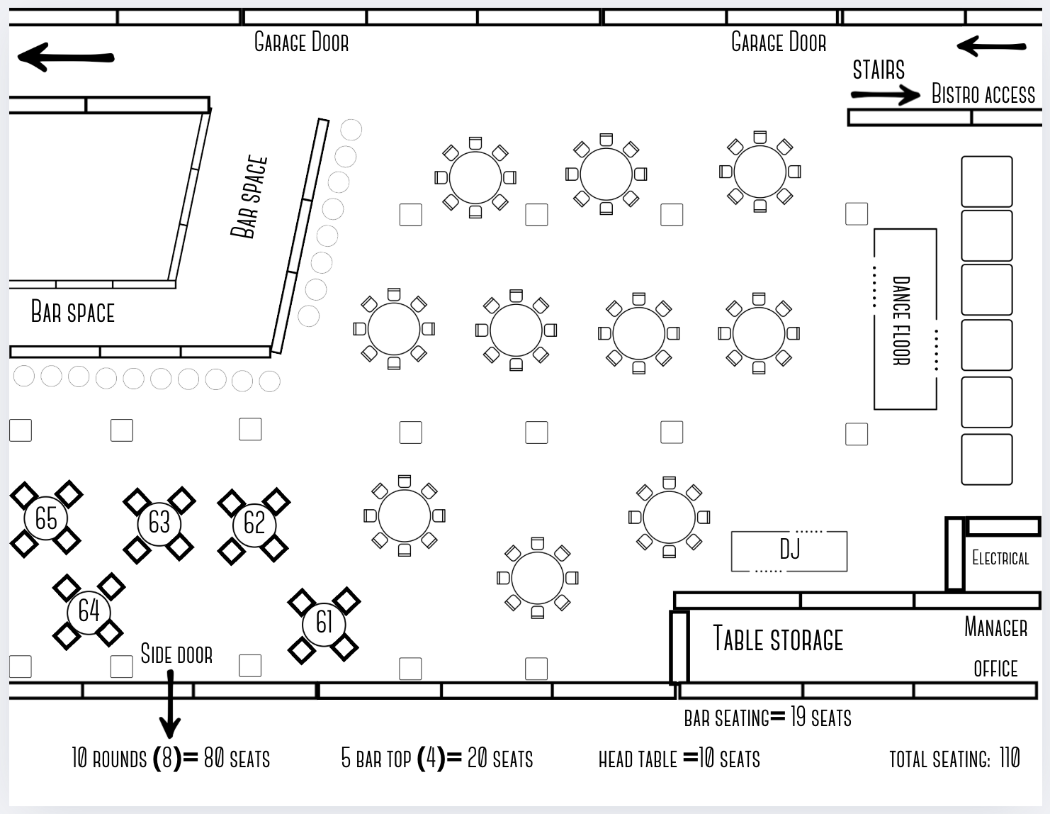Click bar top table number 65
(x=46, y=518)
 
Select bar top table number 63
(x=159, y=523)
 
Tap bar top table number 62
(x=254, y=523)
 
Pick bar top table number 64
(x=89, y=610)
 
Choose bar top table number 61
(x=324, y=623)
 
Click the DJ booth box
(x=789, y=550)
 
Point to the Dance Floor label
(x=901, y=320)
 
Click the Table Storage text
(x=778, y=639)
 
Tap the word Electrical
(x=1000, y=559)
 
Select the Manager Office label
(x=995, y=647)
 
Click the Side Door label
(x=176, y=654)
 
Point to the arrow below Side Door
(x=170, y=705)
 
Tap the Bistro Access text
(x=983, y=94)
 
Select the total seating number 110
(x=1010, y=758)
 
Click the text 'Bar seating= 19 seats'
(x=767, y=718)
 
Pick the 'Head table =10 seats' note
(x=679, y=759)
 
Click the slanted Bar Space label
(x=249, y=196)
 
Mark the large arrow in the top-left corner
(x=65, y=57)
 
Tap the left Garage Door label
(x=301, y=43)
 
